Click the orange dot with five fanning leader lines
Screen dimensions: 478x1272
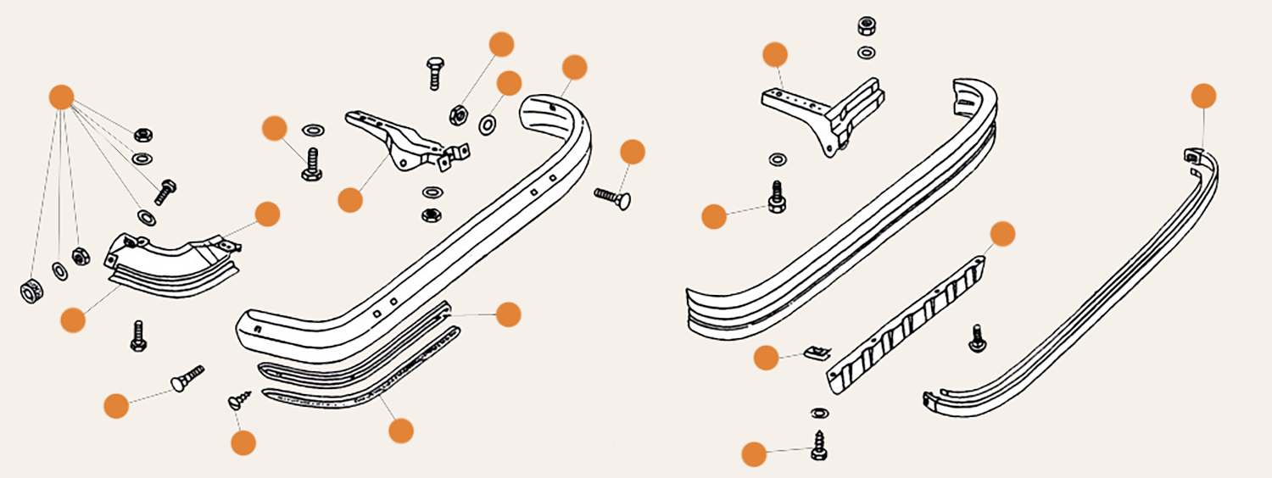tap(60, 97)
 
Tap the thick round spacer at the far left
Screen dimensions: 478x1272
tap(31, 291)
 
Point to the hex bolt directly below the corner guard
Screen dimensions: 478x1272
tap(139, 336)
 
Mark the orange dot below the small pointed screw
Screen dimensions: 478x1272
tap(243, 442)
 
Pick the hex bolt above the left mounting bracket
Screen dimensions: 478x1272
tap(434, 73)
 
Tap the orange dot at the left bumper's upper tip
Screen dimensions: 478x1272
tap(574, 68)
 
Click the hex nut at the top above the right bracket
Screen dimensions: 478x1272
tap(867, 25)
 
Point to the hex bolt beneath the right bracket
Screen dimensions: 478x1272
tap(776, 196)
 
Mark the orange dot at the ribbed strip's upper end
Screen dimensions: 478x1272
tap(1002, 234)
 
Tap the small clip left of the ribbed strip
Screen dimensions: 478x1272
tap(815, 351)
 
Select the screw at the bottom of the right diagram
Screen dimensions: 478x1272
tap(819, 445)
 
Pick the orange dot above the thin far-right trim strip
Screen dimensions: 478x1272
tap(1203, 96)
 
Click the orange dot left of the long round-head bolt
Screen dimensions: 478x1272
tap(116, 406)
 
